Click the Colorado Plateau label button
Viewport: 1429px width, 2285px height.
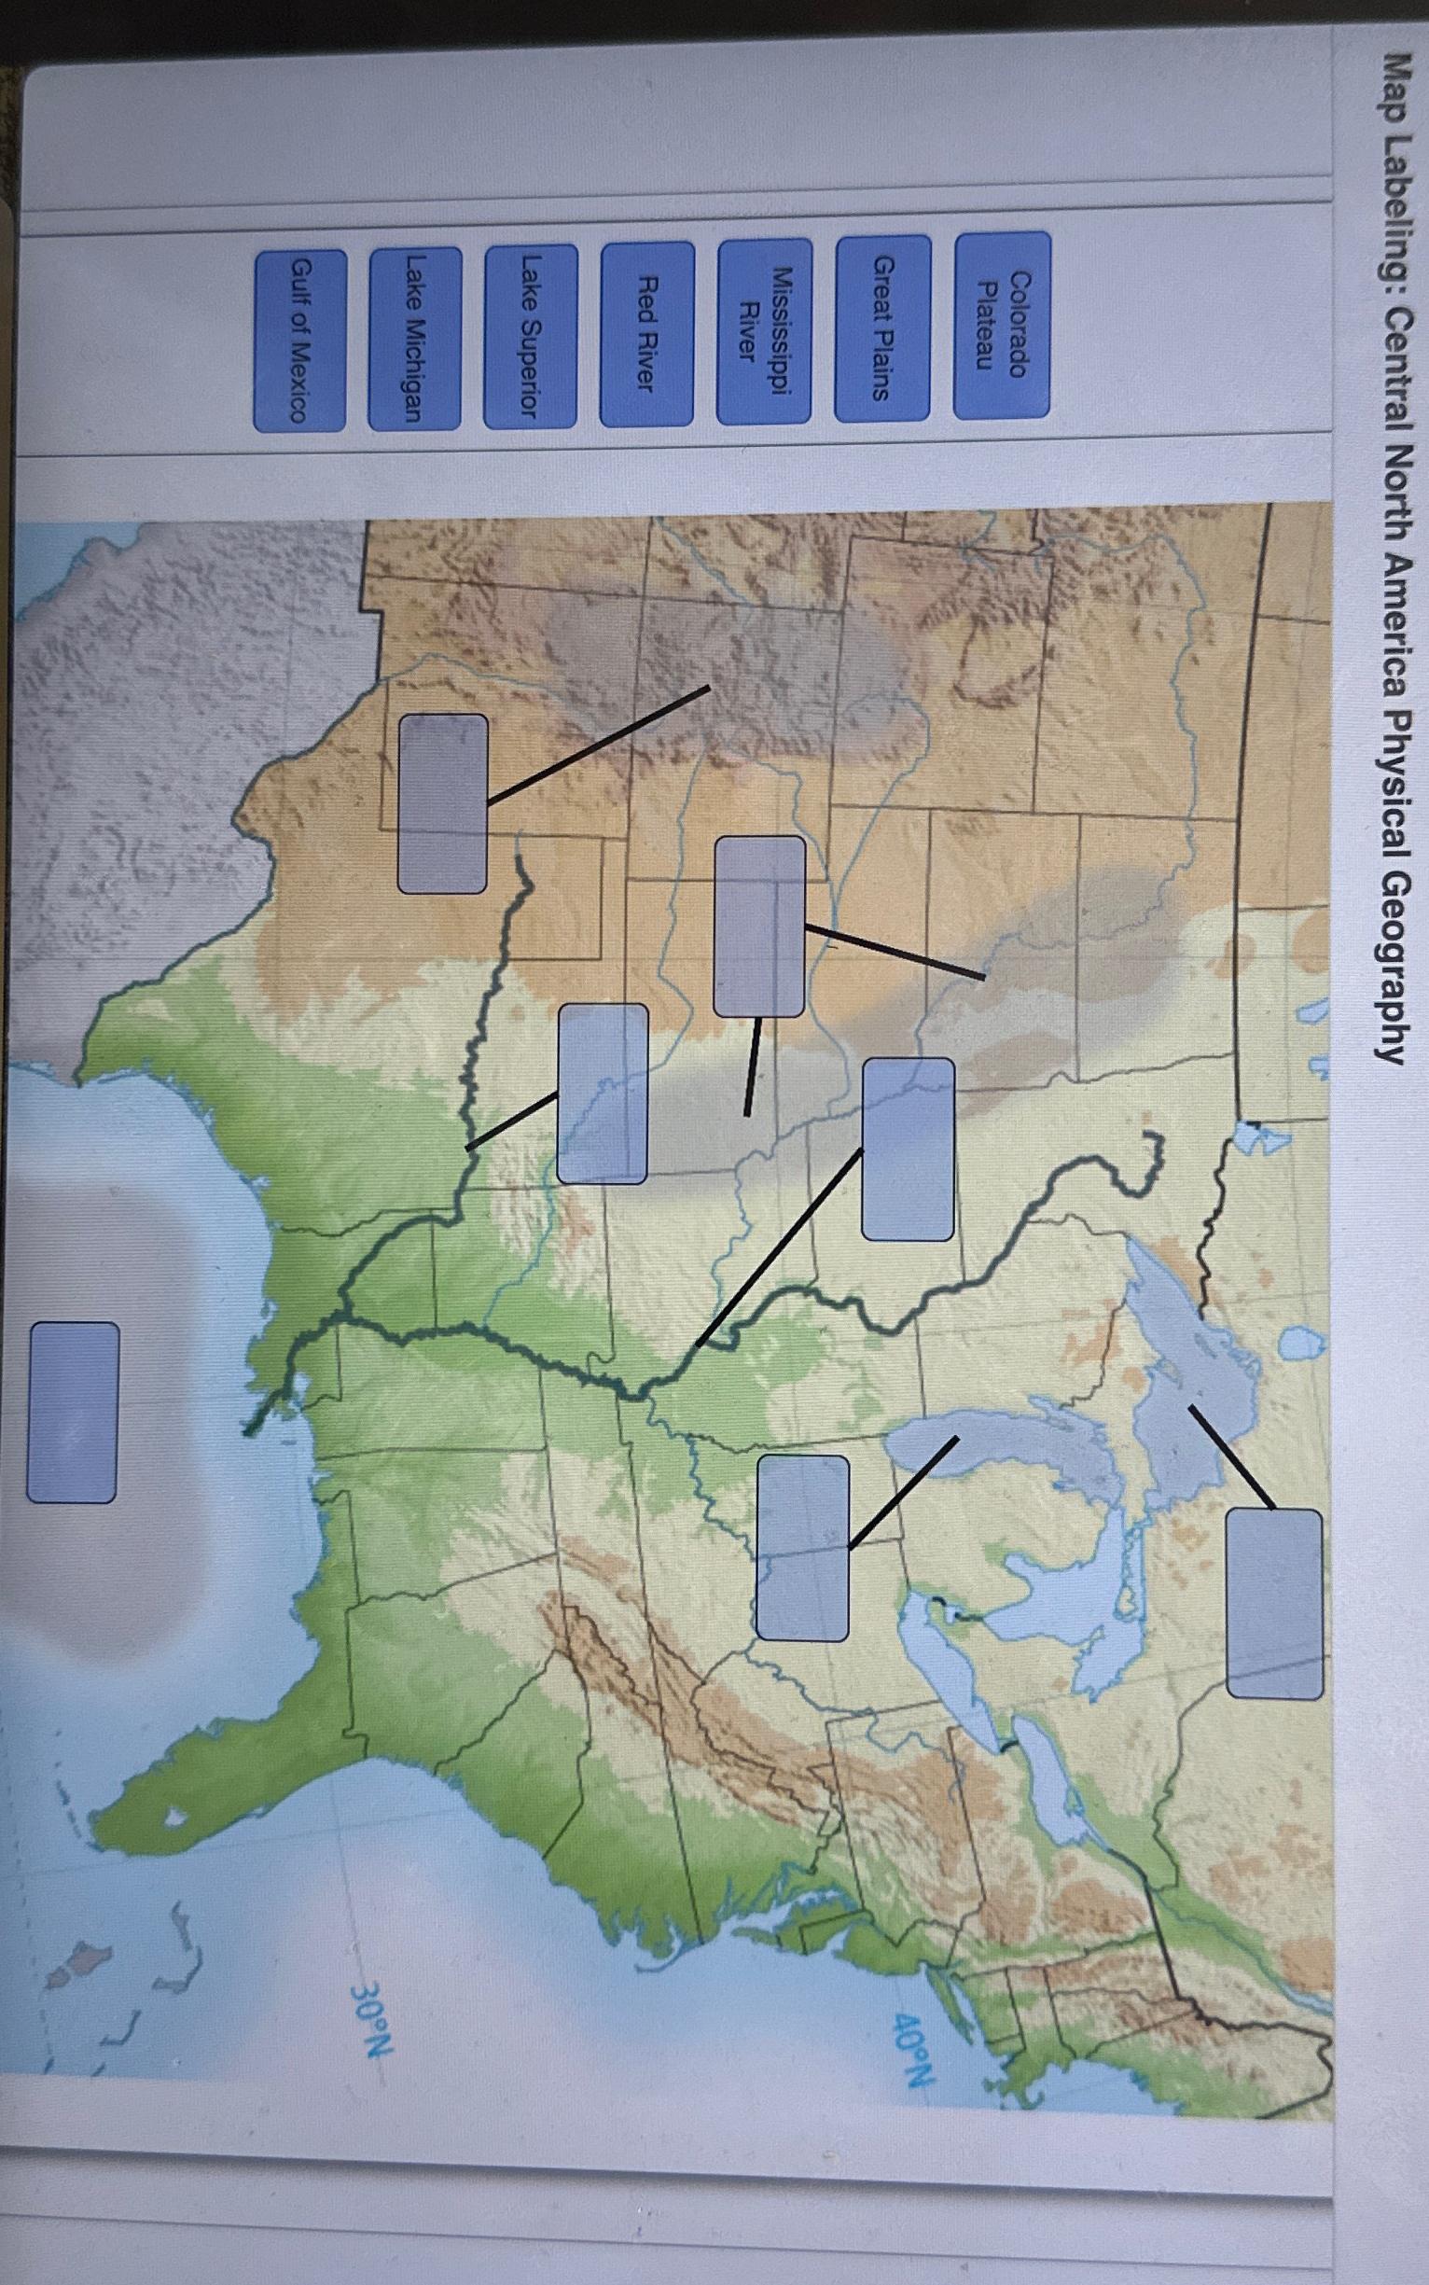pyautogui.click(x=1002, y=325)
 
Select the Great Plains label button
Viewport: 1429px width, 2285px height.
pyautogui.click(x=881, y=327)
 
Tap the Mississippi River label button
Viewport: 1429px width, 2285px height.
pyautogui.click(x=764, y=331)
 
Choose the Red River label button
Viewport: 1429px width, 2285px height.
pyautogui.click(x=646, y=334)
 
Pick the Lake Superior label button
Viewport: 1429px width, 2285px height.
pyautogui.click(x=530, y=336)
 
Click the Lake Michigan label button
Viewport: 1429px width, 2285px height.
pyautogui.click(x=414, y=339)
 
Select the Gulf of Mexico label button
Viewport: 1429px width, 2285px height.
pyautogui.click(x=298, y=341)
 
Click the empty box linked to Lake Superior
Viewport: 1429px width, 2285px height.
pyautogui.click(x=1274, y=1617)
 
